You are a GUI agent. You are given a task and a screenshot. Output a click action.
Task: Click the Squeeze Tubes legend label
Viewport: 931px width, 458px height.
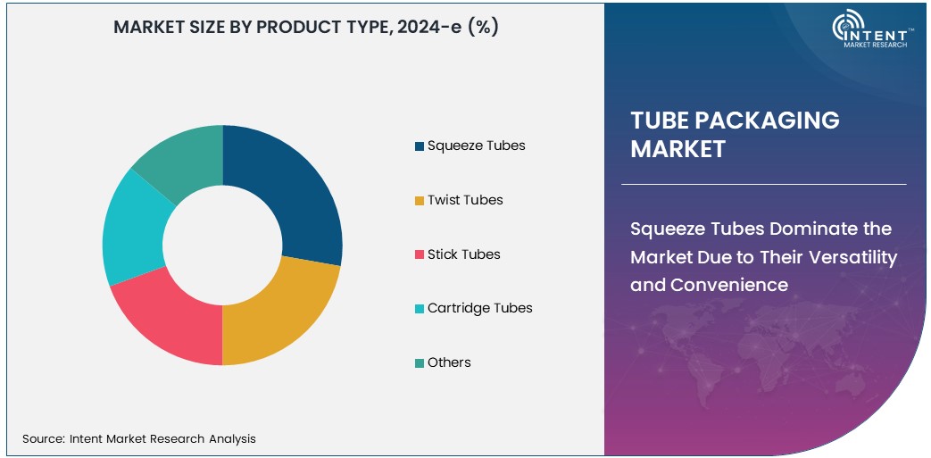[x=476, y=146]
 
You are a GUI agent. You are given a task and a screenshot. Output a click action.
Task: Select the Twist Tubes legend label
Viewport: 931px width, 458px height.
[x=465, y=200]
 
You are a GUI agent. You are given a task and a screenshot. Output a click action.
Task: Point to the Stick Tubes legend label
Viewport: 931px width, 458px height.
[x=463, y=254]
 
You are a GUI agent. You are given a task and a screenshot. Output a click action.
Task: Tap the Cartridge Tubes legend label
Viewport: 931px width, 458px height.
[x=479, y=308]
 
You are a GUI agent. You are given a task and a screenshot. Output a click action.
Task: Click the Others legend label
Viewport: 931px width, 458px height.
[x=449, y=362]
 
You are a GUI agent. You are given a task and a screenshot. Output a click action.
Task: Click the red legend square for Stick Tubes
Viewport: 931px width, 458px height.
[x=420, y=255]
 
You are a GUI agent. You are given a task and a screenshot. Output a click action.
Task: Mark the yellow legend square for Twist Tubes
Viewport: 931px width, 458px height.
[x=420, y=201]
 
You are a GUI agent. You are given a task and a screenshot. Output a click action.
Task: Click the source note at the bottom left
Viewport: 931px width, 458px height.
[x=139, y=438]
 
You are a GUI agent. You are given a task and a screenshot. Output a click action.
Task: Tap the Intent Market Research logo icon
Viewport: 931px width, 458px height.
[x=847, y=28]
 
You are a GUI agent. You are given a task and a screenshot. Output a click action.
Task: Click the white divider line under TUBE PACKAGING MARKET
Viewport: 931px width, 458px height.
[x=763, y=185]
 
